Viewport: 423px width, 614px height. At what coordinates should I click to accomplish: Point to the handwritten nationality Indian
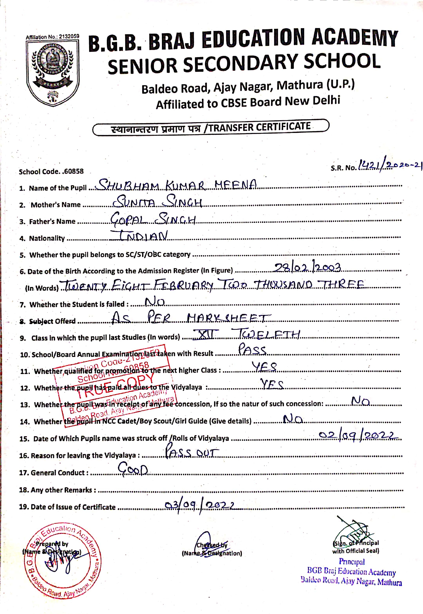pos(139,236)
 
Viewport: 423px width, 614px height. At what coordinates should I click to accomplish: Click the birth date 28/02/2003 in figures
pos(307,268)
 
